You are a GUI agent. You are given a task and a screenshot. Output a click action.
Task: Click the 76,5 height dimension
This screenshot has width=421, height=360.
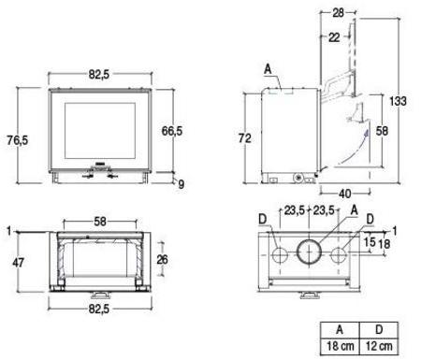coord(18,140)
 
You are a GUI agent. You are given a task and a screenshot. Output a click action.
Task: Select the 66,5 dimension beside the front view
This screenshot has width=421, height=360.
coord(172,131)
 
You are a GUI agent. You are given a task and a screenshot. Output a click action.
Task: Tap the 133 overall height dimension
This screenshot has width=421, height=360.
coord(398,101)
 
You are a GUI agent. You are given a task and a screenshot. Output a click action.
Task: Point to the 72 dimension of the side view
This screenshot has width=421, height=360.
coord(245,137)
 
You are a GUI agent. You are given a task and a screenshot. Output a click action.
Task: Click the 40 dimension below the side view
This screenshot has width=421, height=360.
coord(344,194)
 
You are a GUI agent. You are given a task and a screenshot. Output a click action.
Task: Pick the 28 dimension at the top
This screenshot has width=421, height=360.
coord(338,13)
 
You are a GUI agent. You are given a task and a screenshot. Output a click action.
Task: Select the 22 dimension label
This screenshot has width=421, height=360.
coord(334,37)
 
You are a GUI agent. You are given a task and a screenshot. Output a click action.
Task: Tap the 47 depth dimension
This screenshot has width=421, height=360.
coord(18,263)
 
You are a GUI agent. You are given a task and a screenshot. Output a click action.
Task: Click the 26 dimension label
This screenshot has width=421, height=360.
coord(162,259)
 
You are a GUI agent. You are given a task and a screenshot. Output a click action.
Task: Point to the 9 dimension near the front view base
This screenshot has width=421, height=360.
coord(181,184)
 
